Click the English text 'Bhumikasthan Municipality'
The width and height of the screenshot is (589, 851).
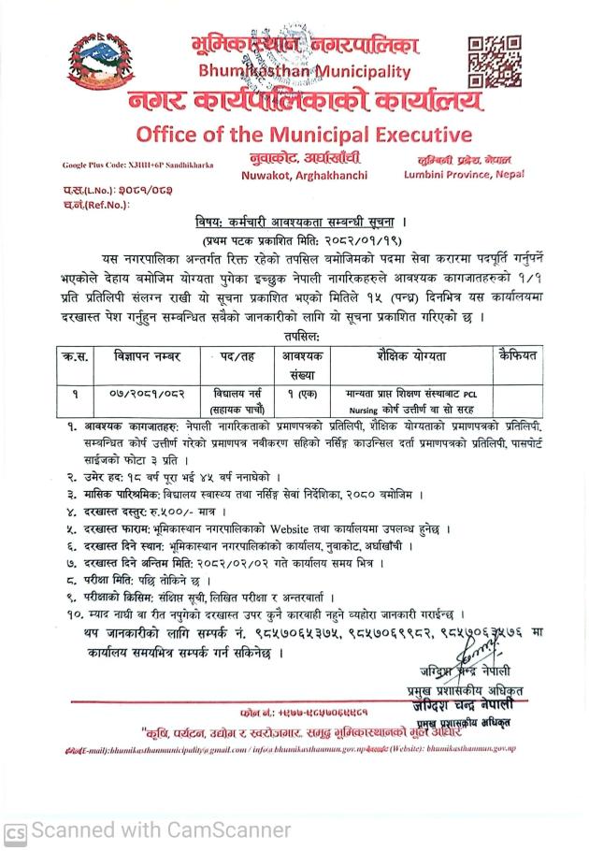(x=304, y=71)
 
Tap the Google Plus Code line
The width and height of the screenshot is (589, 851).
(x=137, y=165)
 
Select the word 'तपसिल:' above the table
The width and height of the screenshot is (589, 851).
(x=295, y=334)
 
